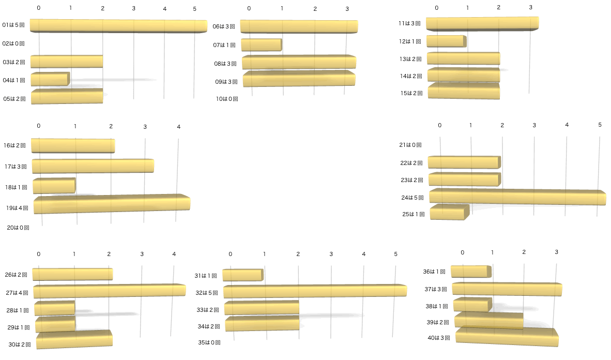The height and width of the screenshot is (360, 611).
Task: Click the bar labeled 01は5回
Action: pos(118,25)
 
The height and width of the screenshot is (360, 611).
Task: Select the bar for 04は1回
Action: pos(50,79)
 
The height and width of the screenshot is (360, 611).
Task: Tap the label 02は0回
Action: pos(14,44)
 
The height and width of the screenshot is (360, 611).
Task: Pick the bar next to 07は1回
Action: pos(261,45)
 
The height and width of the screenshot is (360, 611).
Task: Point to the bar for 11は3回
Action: pos(482,24)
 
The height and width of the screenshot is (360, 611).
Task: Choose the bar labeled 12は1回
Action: pos(446,41)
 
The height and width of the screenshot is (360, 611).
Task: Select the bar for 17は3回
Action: pos(93,166)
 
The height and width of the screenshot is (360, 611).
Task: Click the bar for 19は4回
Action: pos(112,204)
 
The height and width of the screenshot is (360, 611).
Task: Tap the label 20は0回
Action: pos(18,227)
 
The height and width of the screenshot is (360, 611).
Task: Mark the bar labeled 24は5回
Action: pos(517,197)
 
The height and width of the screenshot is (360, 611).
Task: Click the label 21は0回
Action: pos(410,145)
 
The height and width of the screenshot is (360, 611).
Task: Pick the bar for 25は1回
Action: pos(449,213)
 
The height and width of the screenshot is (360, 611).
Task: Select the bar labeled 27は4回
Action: pos(109,291)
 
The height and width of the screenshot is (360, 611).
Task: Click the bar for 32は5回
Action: pos(315,291)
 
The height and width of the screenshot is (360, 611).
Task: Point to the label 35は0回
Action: pos(209,342)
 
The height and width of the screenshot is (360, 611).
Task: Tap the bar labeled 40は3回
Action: pos(507,337)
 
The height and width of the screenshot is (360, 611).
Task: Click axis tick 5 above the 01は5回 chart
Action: pos(195,9)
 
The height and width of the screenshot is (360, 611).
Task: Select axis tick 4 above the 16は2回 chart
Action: pos(178,127)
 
